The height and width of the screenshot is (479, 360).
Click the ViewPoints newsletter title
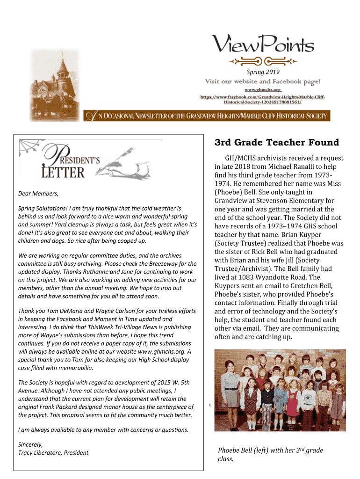click(264, 45)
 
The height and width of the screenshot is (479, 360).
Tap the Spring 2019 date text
click(263, 72)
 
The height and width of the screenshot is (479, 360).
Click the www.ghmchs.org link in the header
click(262, 89)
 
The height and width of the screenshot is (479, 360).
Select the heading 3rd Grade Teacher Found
click(277, 142)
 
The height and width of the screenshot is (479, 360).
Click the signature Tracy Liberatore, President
click(53, 452)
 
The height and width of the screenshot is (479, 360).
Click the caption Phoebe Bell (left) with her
click(262, 450)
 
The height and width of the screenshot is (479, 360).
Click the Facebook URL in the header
click(262, 99)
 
